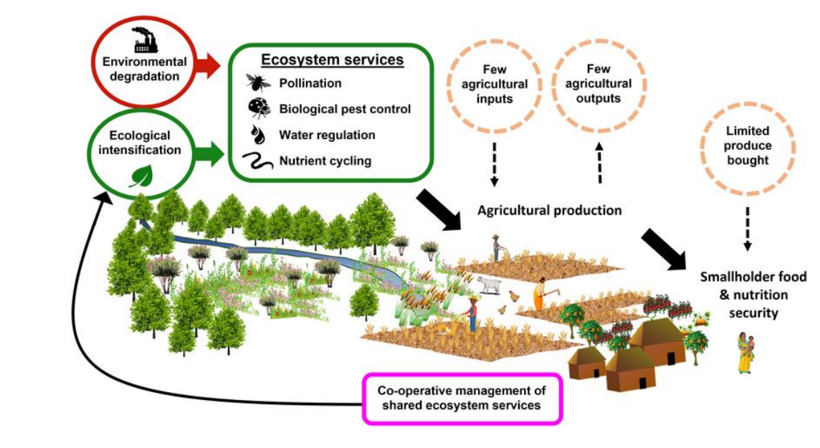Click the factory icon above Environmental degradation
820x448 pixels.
coord(145,40)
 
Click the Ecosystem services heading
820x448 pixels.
coord(332,59)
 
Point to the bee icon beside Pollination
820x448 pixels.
coord(257,82)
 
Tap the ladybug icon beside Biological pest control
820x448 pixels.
coord(258,108)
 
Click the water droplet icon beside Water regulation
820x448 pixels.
coord(258,134)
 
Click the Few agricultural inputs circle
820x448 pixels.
coord(495,84)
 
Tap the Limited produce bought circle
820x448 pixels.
coord(748,146)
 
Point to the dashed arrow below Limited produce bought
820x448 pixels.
coord(748,228)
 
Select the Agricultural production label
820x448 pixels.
coord(549,211)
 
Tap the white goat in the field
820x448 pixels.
coord(490,285)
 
